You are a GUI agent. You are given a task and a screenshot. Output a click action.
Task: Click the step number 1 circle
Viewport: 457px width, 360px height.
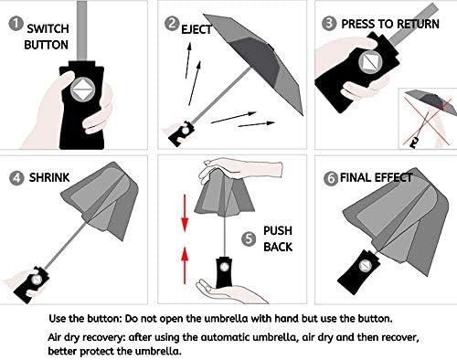[x=16, y=24]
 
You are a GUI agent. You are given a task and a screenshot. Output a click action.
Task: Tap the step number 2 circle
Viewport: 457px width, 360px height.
[x=172, y=24]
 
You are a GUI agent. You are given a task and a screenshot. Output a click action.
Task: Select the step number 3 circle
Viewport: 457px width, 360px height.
[x=329, y=24]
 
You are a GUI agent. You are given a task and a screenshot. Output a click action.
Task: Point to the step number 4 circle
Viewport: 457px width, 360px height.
[x=16, y=178]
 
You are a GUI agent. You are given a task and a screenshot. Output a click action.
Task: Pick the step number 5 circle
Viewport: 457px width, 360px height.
[x=250, y=239]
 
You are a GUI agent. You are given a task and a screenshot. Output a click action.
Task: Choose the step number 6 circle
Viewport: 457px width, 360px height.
[x=331, y=178]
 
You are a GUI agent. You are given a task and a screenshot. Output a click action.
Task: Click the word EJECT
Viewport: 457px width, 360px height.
[x=197, y=29]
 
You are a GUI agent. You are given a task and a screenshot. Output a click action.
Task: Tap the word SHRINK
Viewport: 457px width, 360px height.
[x=49, y=177]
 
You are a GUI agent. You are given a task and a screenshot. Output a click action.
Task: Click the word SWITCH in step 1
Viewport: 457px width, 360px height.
[x=48, y=28]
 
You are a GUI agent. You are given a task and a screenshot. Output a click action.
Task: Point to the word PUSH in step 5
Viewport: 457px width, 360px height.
[x=278, y=230]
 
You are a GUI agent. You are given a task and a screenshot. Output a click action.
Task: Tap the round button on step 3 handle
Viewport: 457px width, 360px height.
[x=370, y=62]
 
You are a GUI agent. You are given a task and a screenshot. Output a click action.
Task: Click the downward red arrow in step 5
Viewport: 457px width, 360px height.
[x=185, y=213]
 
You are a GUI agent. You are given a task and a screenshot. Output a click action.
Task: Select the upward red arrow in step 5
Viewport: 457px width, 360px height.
[x=185, y=265]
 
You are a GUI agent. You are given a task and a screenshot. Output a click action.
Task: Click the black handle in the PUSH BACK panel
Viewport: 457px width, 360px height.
[x=224, y=272]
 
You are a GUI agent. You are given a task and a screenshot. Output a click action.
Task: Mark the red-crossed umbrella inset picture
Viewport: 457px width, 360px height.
[x=428, y=119]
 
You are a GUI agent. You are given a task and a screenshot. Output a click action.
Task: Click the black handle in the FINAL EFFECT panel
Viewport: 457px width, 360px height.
[x=358, y=272]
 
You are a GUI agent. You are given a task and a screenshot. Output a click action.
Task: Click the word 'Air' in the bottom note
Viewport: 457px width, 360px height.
[x=55, y=337]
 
